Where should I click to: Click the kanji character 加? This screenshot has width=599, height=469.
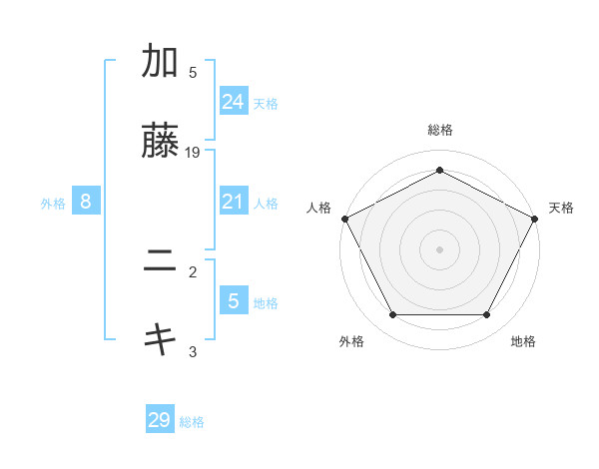coord(160,62)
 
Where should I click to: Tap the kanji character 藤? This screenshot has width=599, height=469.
coord(160,143)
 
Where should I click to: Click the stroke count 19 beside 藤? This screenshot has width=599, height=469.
coord(194,153)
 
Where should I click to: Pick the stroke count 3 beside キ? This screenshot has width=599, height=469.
coord(193,351)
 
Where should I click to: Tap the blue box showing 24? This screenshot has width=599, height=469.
coord(234,101)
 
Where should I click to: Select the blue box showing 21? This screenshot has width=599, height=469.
coord(234,202)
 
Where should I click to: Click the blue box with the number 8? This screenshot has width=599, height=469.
coord(86,202)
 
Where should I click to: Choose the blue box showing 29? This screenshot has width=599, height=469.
coord(160,420)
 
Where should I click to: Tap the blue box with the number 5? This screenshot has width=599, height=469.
coord(234,301)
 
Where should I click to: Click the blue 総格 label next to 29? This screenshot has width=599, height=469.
coord(192,422)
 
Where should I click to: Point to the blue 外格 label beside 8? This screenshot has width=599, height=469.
coord(53,204)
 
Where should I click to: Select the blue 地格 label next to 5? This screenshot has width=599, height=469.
coord(266,303)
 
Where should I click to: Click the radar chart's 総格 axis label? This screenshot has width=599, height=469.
coord(439,130)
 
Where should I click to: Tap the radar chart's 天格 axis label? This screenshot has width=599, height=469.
coord(561,208)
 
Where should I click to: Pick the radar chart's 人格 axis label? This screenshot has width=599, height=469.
coord(318,208)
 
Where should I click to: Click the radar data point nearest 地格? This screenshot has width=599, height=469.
coord(486,315)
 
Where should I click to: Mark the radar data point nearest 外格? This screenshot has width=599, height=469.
coord(392,315)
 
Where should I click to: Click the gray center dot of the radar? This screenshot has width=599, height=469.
coord(439,249)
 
